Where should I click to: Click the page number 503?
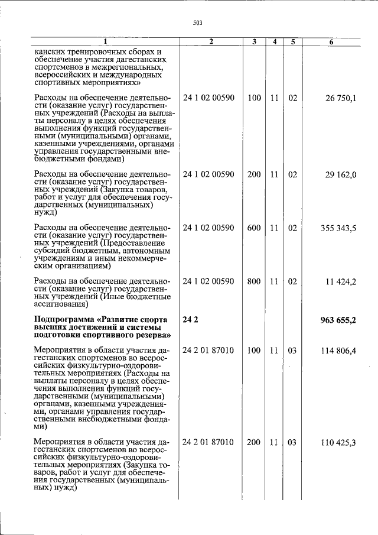pos(197,22)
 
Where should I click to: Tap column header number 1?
pos(105,42)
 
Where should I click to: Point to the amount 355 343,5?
pos(338,228)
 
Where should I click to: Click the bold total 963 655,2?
pos(338,320)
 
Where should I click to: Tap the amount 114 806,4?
pos(338,351)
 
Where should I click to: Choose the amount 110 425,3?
pos(338,442)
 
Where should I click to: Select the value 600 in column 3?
pos(254,228)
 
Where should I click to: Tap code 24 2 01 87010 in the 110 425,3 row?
pos(208,442)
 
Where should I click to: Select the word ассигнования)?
pos(61,305)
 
